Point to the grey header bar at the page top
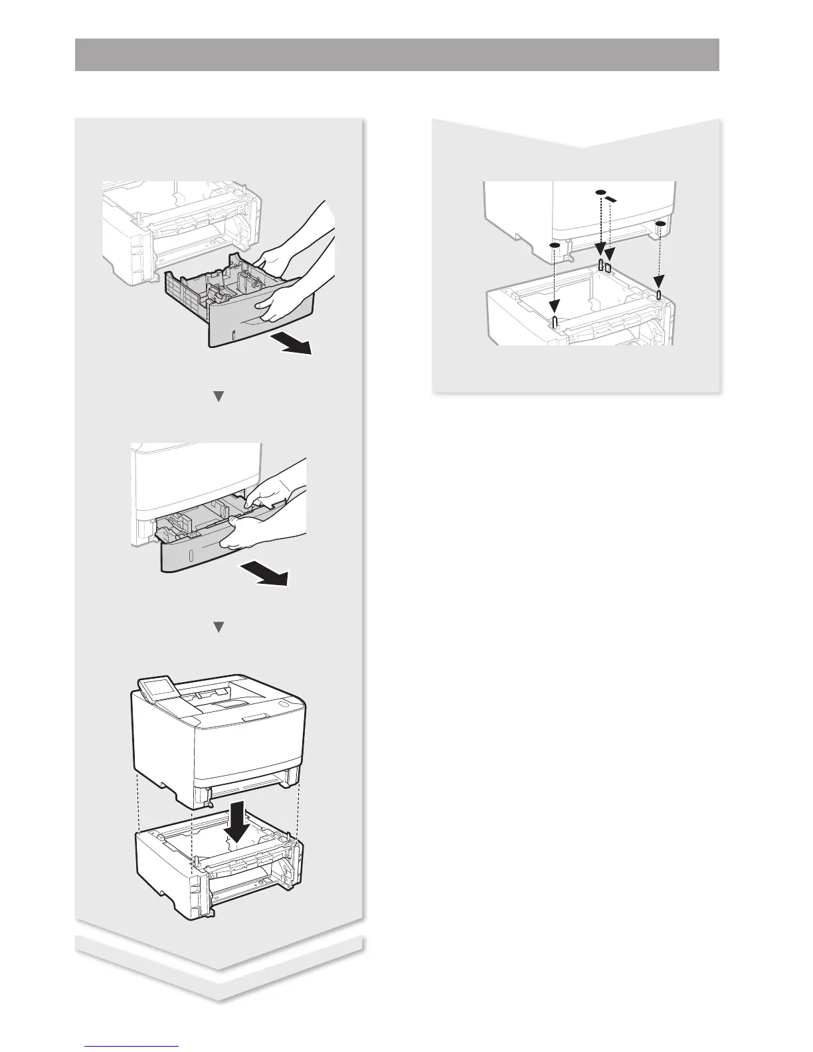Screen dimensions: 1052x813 (397, 54)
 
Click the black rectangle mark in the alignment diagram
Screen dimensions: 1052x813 (612, 199)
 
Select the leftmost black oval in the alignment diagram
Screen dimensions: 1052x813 (555, 245)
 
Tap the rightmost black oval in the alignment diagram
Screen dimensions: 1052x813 (660, 225)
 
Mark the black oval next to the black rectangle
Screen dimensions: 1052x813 (600, 193)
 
